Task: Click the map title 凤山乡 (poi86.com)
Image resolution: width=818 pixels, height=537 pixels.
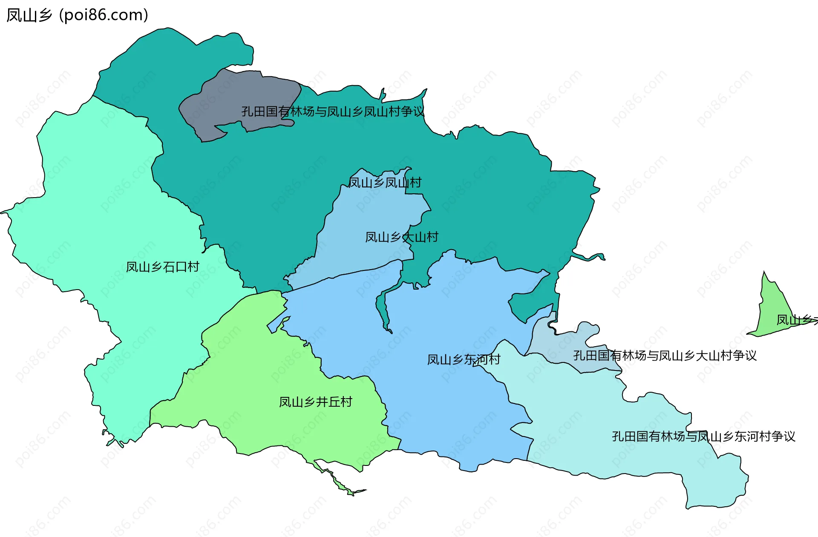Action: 77,15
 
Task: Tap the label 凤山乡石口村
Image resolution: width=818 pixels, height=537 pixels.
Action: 163,267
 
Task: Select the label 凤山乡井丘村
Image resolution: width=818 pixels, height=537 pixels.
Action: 316,402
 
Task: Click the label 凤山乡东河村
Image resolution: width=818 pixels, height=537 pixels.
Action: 464,360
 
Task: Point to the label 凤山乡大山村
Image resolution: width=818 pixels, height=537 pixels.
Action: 402,237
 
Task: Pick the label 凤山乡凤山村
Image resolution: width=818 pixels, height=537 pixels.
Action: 385,183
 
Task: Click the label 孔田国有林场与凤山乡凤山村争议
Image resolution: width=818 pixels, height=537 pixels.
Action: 333,112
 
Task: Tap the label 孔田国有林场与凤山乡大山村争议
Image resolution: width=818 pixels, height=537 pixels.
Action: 665,356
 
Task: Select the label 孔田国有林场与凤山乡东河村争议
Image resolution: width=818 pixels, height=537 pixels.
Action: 703,436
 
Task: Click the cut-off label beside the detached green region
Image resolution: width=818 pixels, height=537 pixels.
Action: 796,320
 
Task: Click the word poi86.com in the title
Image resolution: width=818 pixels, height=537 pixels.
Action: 104,15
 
